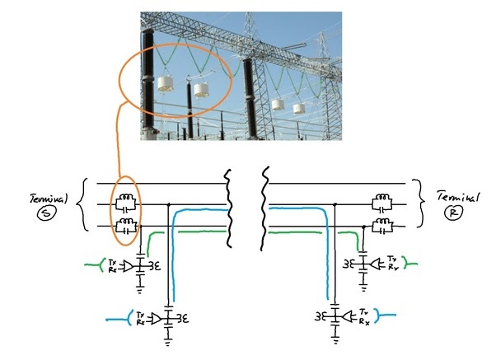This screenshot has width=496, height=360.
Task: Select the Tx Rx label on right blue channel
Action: pyautogui.click(x=363, y=316)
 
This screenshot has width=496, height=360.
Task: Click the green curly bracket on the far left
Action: pyautogui.click(x=87, y=265)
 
